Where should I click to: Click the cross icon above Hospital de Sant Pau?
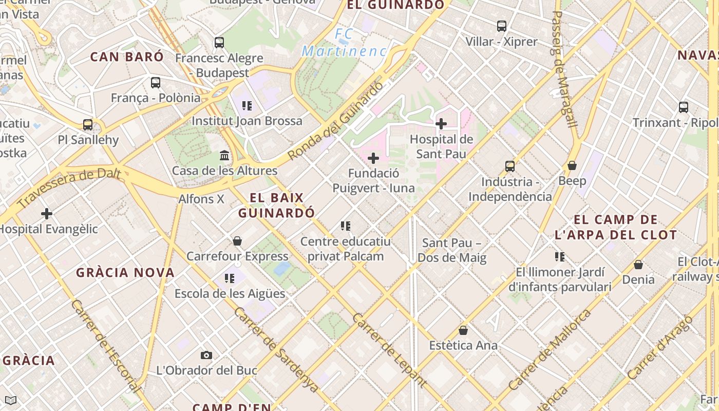(441, 124)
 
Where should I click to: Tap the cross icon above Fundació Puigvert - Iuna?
(373, 158)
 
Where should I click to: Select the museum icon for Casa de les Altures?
(224, 155)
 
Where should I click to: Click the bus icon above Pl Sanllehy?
(88, 124)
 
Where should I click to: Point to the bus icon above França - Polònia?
(156, 82)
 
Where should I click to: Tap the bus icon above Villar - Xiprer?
(502, 26)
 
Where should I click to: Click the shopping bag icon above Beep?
(572, 165)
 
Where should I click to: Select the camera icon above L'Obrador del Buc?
(206, 355)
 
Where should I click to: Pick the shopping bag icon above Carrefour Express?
(237, 241)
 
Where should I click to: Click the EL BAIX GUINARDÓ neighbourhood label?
(277, 205)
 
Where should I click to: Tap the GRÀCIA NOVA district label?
(125, 273)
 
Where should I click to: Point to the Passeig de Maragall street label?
(564, 69)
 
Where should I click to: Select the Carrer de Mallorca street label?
(549, 350)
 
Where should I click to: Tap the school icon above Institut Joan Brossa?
(247, 106)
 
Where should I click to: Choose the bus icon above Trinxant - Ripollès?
(684, 107)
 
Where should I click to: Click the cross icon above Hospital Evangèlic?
(47, 214)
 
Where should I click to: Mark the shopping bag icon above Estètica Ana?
(463, 330)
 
